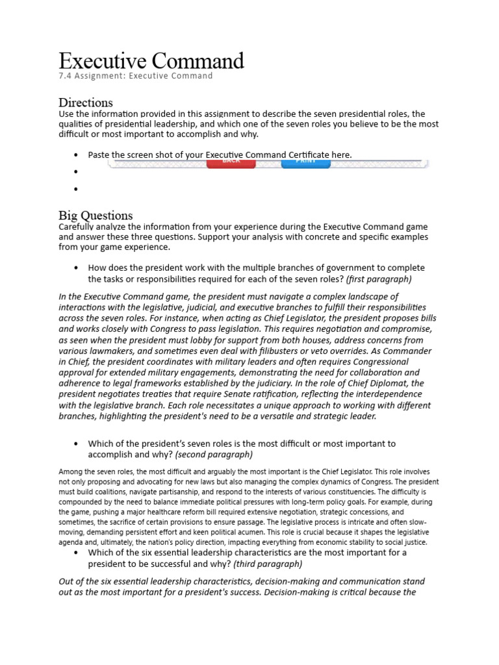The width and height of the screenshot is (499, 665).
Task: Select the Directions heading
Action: click(85, 103)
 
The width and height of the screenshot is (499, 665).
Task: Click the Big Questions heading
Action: click(96, 216)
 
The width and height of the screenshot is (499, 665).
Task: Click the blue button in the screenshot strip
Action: click(305, 162)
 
